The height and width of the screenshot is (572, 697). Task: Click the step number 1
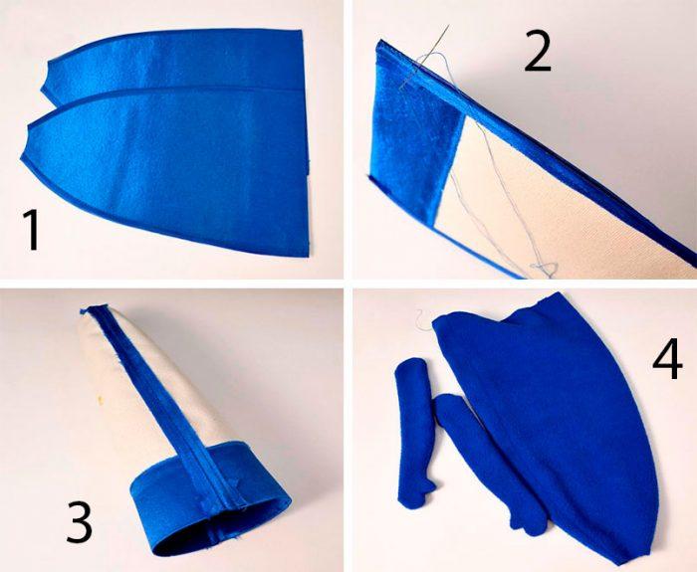tap(32, 230)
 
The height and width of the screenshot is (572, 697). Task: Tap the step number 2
tap(538, 51)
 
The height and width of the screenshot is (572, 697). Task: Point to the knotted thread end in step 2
tap(544, 269)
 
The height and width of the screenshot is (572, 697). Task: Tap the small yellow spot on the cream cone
tap(101, 401)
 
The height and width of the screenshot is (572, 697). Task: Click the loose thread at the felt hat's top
tap(424, 319)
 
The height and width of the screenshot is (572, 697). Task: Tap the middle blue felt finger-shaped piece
tap(485, 462)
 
